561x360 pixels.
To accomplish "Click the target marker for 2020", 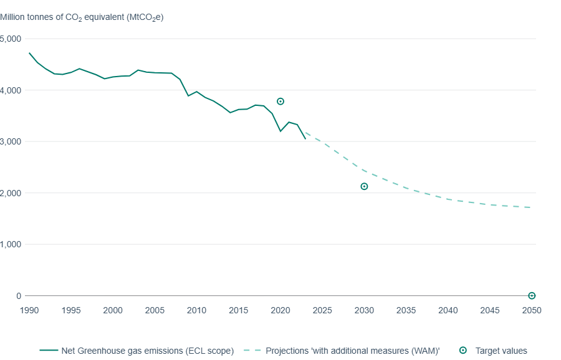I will [x=280, y=102].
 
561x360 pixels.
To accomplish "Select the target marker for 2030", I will [x=364, y=186].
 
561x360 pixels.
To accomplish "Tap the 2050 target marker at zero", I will [x=532, y=296].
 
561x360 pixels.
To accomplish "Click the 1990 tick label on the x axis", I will [x=29, y=310].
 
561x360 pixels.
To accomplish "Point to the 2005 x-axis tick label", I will [x=155, y=310].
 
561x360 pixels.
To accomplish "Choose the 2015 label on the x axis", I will [x=238, y=310].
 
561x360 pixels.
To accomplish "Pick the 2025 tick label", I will [x=322, y=310].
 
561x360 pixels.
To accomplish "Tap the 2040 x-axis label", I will [x=448, y=310].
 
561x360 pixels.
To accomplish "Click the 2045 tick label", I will [x=490, y=310].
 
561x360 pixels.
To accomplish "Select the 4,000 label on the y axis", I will [x=11, y=90].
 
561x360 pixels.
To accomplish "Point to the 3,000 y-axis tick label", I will [x=11, y=141].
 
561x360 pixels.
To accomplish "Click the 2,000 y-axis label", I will [x=11, y=193].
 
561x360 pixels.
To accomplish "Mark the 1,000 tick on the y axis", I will [x=11, y=244].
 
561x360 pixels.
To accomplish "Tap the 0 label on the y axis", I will [x=18, y=296].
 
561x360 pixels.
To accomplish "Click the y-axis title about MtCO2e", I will [x=82, y=17].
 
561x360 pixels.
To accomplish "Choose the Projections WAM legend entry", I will [x=353, y=351].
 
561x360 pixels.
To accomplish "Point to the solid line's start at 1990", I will [x=29, y=53].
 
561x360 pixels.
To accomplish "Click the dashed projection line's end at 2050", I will [x=531, y=207].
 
